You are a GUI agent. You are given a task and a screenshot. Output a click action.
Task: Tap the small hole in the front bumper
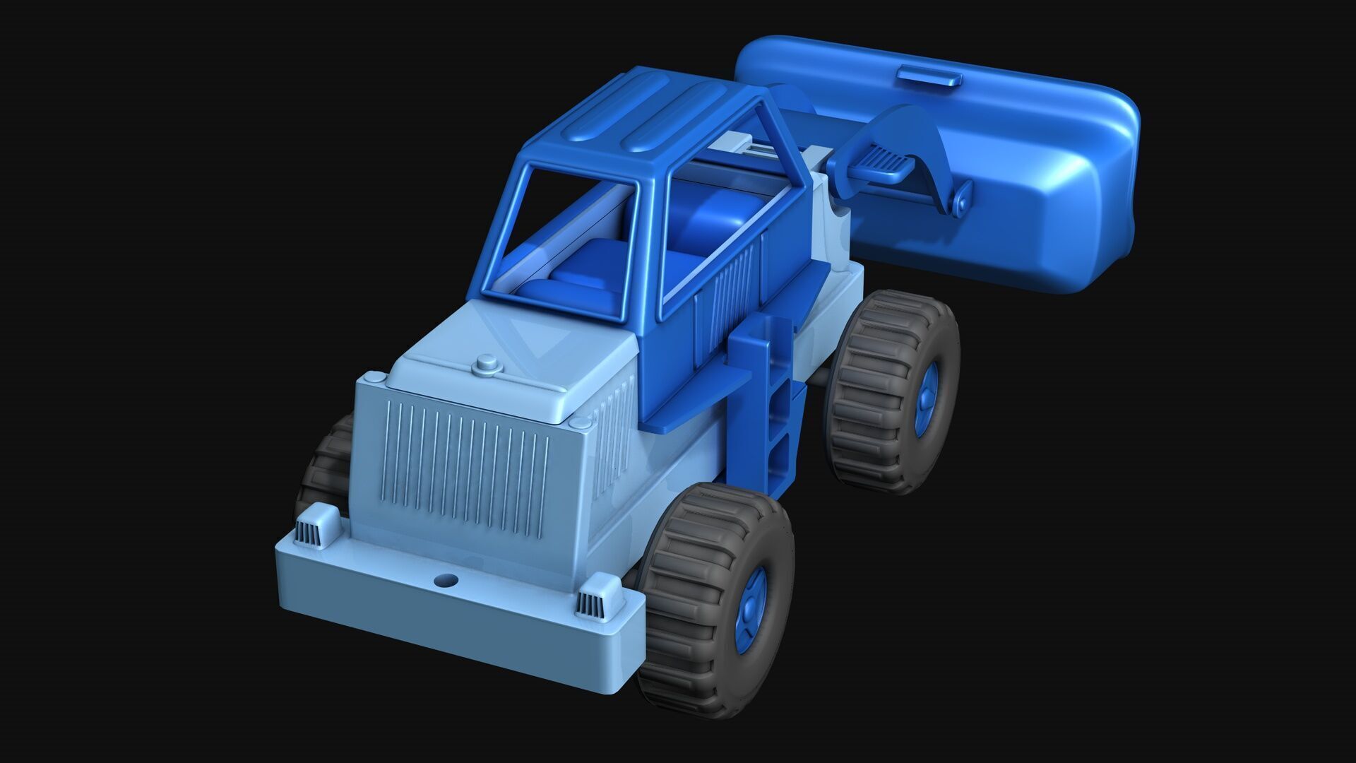pyautogui.click(x=446, y=581)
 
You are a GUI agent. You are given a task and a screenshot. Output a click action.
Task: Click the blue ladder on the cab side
pyautogui.click(x=775, y=410)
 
